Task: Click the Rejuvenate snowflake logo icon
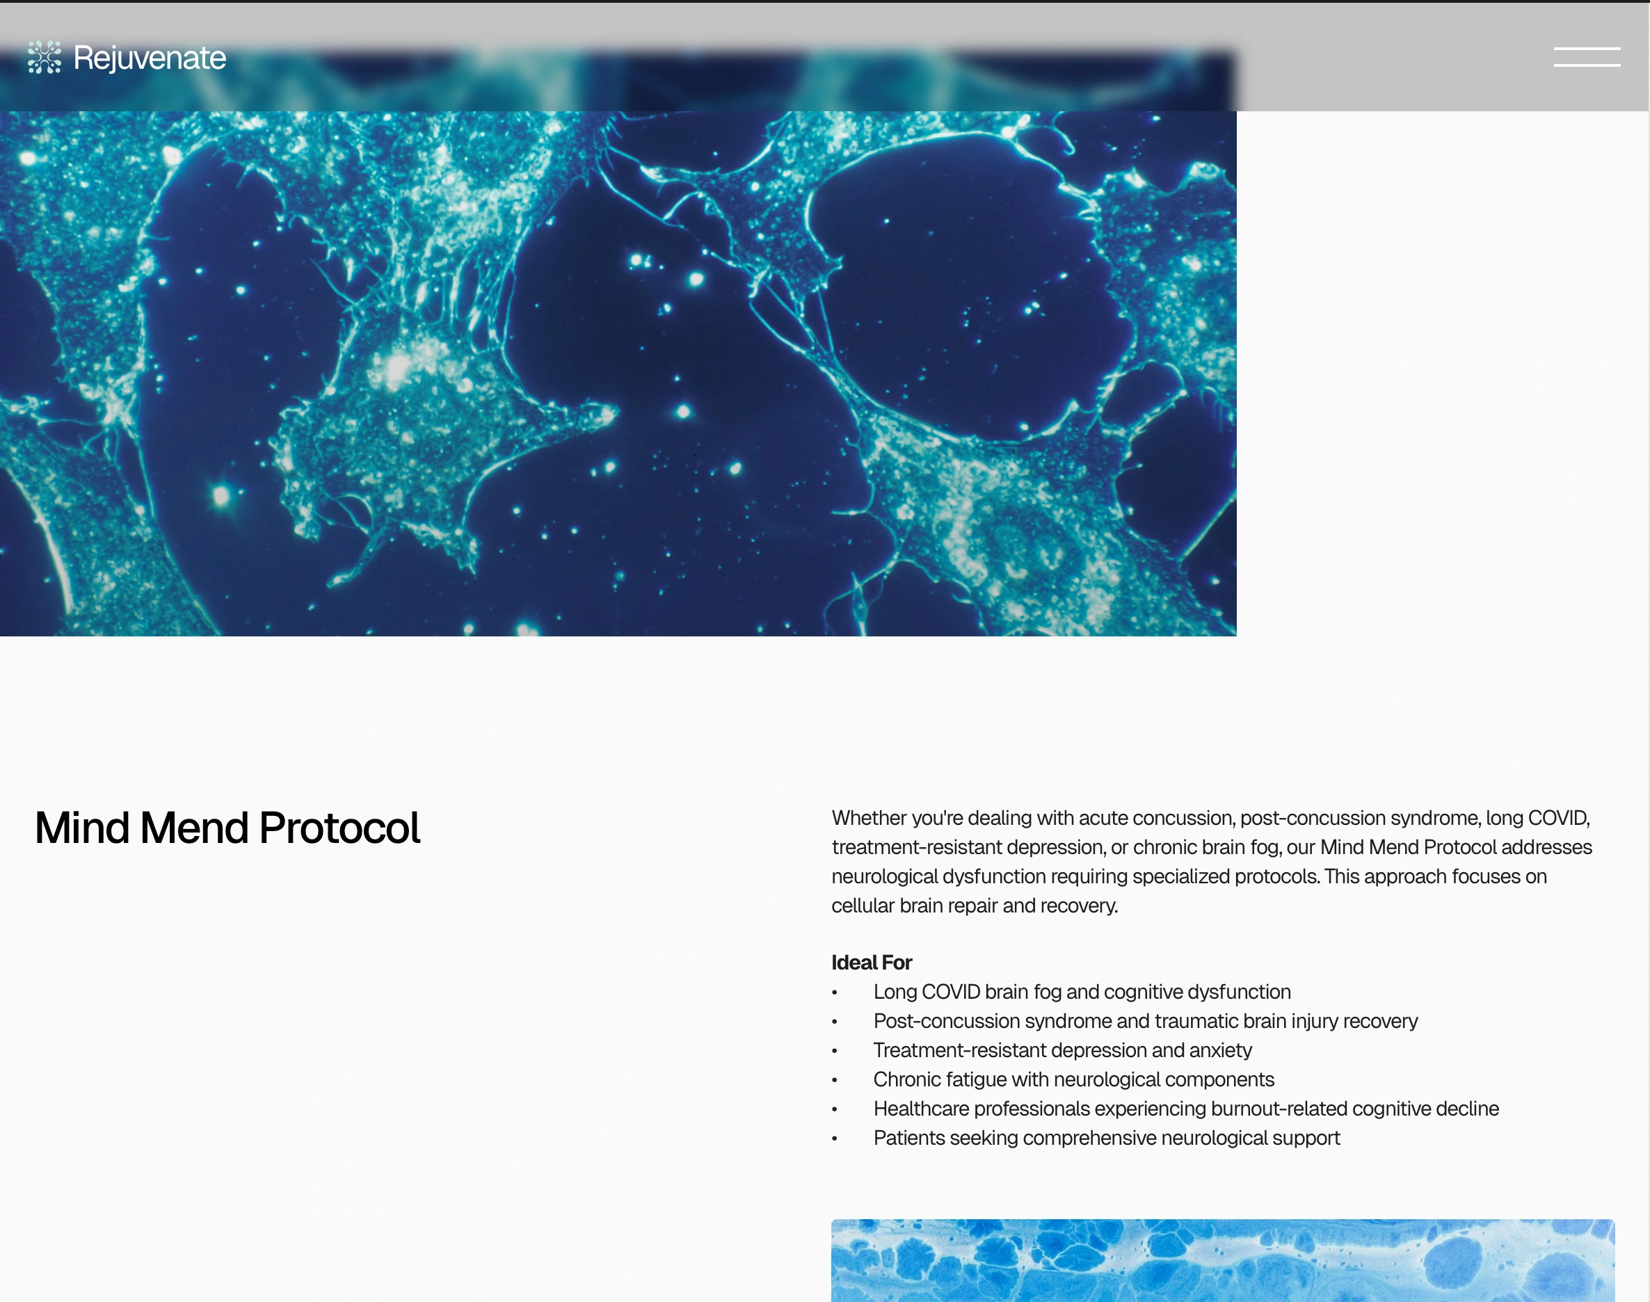(45, 57)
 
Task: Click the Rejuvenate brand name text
(150, 58)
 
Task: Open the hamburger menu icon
(1587, 57)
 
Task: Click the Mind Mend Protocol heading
(227, 828)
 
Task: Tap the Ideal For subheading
(872, 963)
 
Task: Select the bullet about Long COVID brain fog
(1082, 992)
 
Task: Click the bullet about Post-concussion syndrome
(1145, 1022)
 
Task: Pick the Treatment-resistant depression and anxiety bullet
(1062, 1050)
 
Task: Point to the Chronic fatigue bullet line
(1073, 1079)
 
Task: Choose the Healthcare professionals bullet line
(1185, 1109)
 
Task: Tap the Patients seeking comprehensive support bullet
(1106, 1138)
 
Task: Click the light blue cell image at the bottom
(1222, 1260)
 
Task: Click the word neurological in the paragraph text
(884, 876)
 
